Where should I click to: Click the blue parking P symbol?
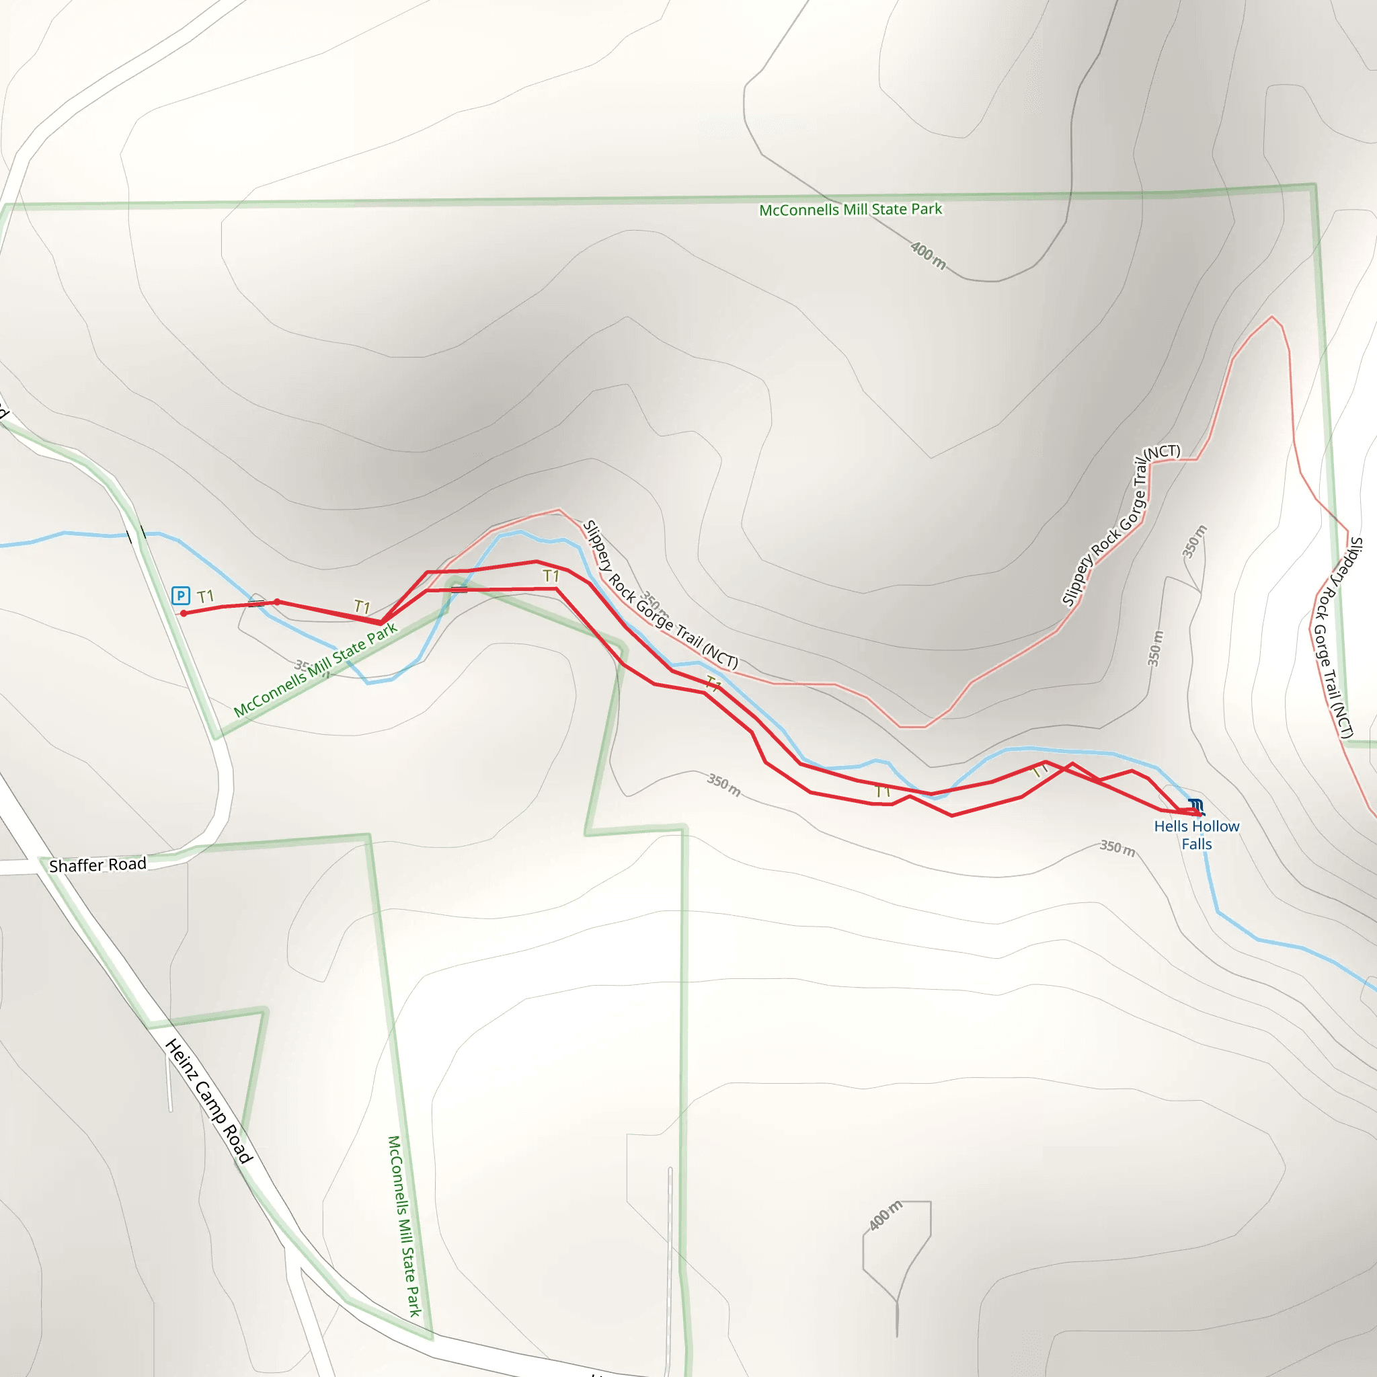[180, 595]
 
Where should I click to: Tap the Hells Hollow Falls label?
[1197, 834]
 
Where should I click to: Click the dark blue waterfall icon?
[1196, 807]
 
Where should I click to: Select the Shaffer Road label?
[97, 865]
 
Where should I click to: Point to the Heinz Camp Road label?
[209, 1101]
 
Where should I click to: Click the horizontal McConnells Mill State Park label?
[851, 210]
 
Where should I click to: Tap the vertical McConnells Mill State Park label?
[404, 1226]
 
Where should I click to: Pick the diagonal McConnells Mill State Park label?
[315, 670]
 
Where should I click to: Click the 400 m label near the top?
[928, 255]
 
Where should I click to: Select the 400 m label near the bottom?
[886, 1215]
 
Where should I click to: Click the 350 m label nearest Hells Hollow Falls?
[1117, 847]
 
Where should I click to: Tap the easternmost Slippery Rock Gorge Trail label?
[1337, 638]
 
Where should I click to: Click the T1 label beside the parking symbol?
[205, 596]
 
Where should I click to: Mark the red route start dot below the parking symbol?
[184, 613]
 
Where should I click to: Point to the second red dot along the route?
[277, 602]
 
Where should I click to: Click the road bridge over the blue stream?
[136, 534]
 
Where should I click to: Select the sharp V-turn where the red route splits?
[381, 622]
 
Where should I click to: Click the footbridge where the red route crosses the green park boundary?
[459, 590]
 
